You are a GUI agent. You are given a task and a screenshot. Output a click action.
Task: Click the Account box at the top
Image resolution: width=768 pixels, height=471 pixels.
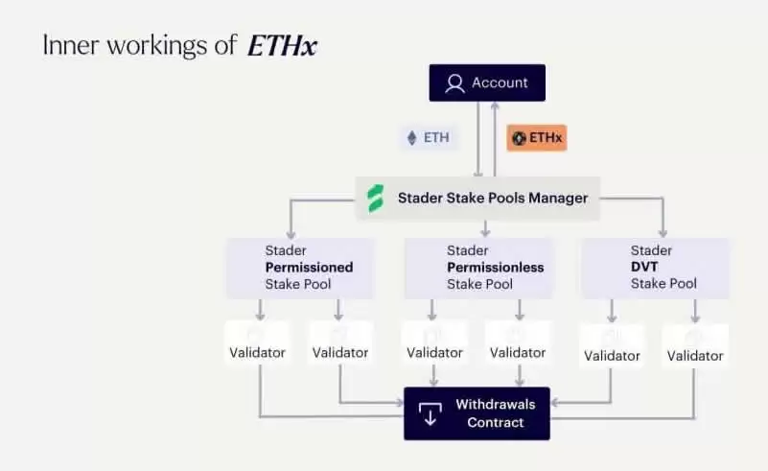coord(487,83)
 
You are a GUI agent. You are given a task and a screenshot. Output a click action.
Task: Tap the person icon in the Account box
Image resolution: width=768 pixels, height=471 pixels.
coord(454,83)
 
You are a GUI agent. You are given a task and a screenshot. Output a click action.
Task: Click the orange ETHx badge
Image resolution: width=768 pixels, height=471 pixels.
coord(537,138)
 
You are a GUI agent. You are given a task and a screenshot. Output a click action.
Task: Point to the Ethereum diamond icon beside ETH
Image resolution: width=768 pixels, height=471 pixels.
coord(413,138)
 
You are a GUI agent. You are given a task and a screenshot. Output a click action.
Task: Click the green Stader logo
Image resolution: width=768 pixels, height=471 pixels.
coord(376,199)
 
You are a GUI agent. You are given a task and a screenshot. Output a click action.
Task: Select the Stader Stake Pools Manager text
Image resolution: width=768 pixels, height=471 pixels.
coord(493,199)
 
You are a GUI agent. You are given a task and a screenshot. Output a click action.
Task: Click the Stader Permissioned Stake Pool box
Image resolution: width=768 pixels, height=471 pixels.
coord(300,267)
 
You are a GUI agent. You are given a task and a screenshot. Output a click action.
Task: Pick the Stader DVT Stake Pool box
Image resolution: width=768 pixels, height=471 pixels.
coord(655,267)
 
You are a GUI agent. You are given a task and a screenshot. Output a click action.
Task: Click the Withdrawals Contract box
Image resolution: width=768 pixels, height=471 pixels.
coord(477,413)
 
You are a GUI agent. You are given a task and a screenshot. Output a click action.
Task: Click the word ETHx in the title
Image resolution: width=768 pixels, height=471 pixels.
coord(281,45)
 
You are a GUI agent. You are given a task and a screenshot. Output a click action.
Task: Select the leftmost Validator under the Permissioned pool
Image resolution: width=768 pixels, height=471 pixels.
coord(257,352)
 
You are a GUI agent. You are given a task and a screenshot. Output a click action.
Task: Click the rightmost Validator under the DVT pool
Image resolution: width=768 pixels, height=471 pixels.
coord(695,355)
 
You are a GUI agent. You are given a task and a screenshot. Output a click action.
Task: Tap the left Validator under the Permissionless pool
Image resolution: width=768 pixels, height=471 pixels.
coord(434,352)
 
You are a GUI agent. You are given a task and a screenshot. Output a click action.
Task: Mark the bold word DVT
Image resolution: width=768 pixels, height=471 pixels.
coord(644,267)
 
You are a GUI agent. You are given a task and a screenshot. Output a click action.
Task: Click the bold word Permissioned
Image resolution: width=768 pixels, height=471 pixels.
coord(309,267)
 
